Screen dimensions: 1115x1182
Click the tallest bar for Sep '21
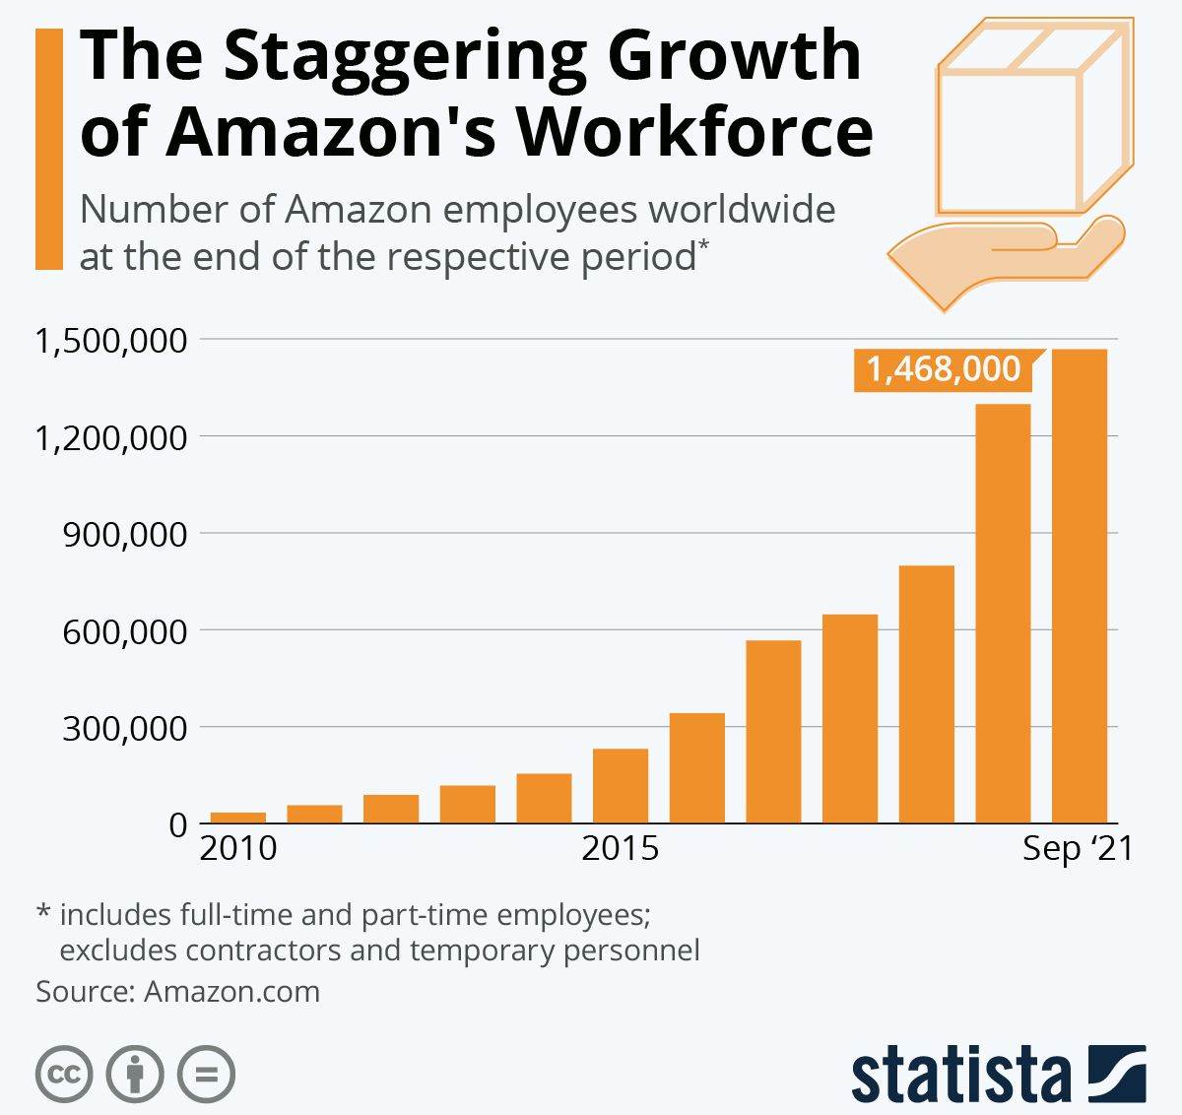[1080, 585]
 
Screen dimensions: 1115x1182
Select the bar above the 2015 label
[621, 785]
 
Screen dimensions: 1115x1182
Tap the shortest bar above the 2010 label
[238, 817]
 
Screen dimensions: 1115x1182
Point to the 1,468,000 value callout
[943, 369]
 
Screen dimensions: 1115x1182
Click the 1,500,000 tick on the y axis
[110, 341]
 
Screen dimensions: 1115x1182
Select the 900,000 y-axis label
[124, 535]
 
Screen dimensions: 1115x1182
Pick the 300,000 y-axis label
[124, 729]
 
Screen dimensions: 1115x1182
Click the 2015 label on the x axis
[620, 848]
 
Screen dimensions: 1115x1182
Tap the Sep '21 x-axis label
[1078, 848]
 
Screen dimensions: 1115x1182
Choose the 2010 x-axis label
[238, 848]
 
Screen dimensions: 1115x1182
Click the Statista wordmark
[960, 1076]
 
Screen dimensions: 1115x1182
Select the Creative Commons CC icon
[64, 1074]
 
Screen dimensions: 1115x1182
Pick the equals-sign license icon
[207, 1074]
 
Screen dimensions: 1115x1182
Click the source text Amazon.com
[231, 991]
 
